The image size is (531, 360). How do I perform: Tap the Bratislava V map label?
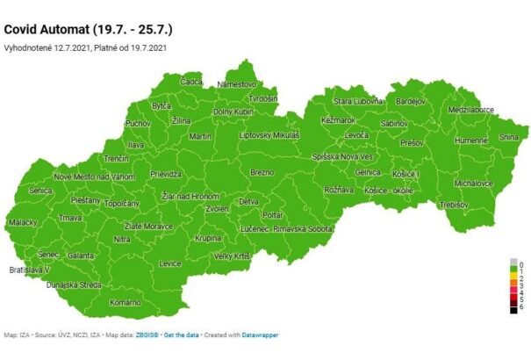(x=30, y=269)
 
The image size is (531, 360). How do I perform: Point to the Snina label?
(x=508, y=137)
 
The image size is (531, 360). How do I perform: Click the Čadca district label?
(x=190, y=82)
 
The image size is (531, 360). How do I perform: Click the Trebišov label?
(x=453, y=204)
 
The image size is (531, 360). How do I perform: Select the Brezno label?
(x=262, y=172)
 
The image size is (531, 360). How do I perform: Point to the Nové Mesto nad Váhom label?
(x=95, y=176)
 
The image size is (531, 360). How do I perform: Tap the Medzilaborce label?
(x=470, y=111)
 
